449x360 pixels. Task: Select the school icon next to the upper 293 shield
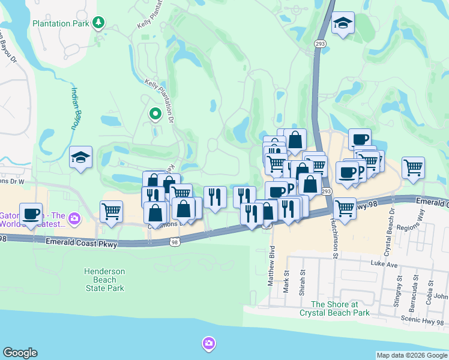343,23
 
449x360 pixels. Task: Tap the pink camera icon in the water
209,344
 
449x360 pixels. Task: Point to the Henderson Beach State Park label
104,280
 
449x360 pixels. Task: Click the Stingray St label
399,291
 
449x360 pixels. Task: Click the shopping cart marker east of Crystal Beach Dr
413,168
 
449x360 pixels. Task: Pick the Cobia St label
429,292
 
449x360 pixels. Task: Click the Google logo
20,353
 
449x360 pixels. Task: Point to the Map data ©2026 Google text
412,355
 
